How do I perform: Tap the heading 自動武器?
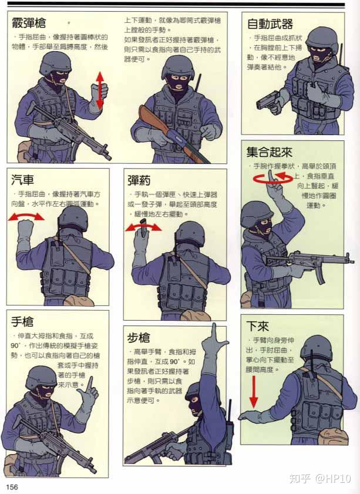point(270,24)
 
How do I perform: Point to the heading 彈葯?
point(141,179)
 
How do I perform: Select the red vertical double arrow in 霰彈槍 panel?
point(100,90)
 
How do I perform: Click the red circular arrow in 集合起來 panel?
point(272,178)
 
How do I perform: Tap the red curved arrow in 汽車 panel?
point(26,217)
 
